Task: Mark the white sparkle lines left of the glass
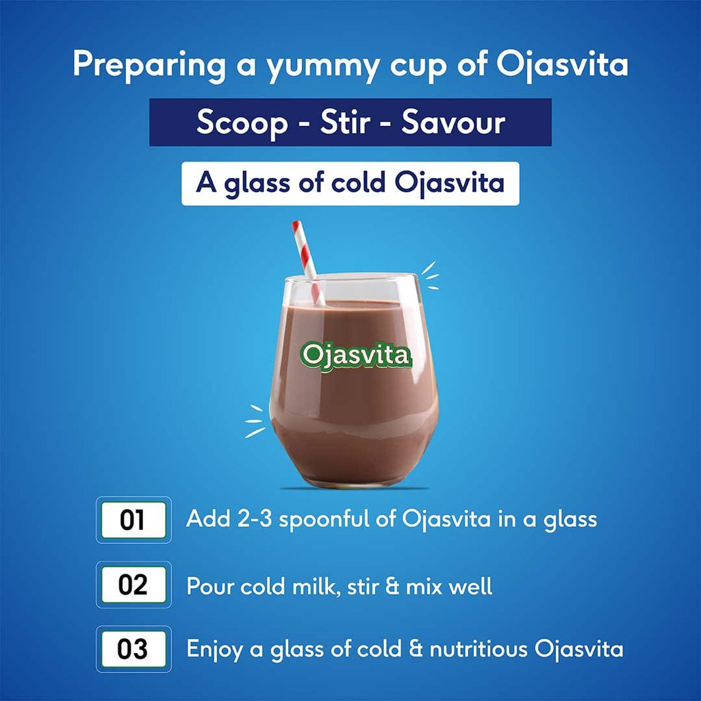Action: click(255, 420)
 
